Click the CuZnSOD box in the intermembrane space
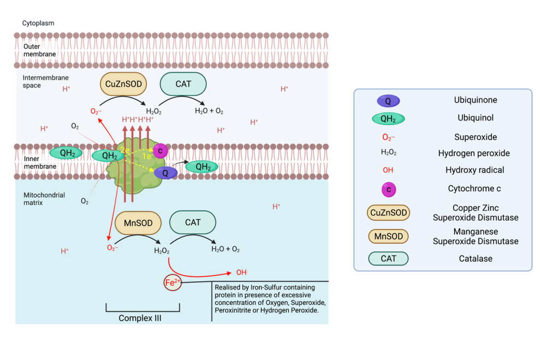point(123,85)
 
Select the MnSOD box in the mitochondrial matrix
point(138,223)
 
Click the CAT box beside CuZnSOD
point(183,85)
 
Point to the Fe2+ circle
point(173,282)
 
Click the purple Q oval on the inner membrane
point(165,173)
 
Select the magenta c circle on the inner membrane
point(160,151)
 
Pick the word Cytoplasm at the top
point(38,23)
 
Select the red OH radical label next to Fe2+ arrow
point(241,272)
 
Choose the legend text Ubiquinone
point(475,101)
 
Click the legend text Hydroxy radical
point(474,170)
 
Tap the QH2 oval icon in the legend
point(388,119)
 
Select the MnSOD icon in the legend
point(388,237)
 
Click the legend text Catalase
point(475,258)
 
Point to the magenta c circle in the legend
point(388,189)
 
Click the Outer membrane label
point(39,50)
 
